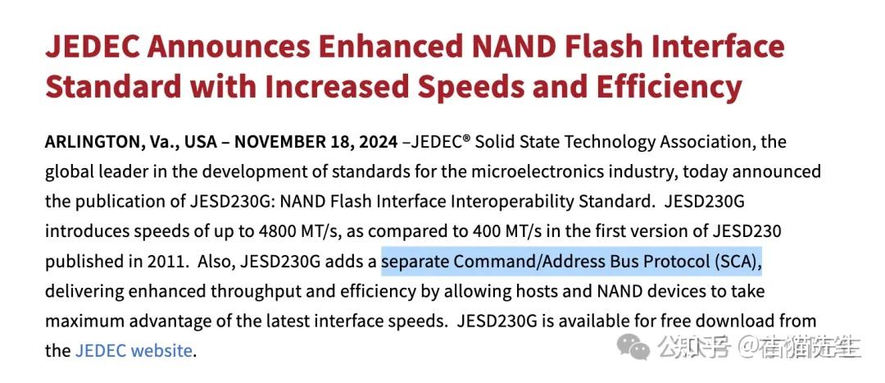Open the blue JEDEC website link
pyautogui.click(x=134, y=351)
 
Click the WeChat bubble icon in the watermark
pyautogui.click(x=635, y=347)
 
